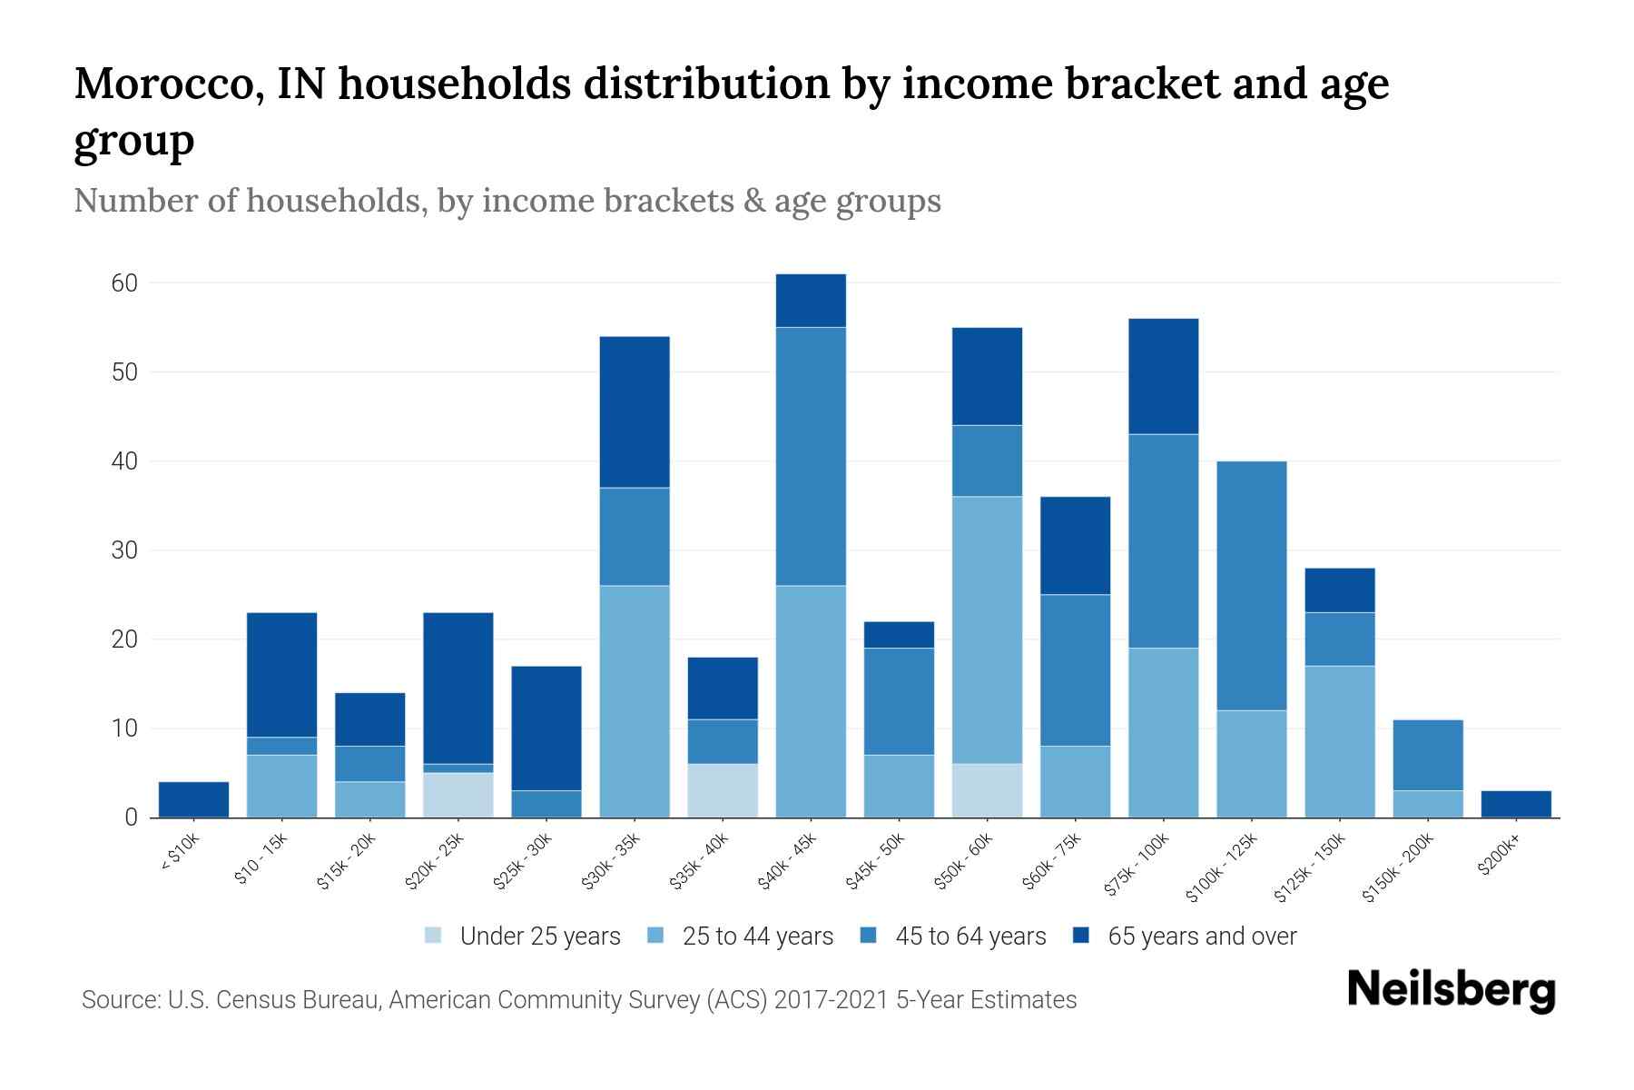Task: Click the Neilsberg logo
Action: coord(1451,989)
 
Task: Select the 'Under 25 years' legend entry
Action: coord(523,936)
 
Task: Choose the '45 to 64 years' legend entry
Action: coord(953,936)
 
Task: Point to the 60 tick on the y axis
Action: coord(125,283)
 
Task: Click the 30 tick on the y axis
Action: coord(125,550)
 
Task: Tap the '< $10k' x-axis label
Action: coord(180,853)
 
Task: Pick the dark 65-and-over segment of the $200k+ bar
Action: coord(1516,804)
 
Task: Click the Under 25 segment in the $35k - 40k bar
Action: coord(723,790)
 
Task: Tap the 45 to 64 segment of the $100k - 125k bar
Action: coord(1252,586)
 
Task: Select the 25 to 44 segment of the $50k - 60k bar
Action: coord(988,629)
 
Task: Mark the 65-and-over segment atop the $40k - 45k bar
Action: coord(811,301)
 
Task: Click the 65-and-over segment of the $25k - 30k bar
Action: coord(546,728)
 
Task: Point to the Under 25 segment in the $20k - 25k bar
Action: coord(458,795)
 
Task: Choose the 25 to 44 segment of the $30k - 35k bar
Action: coord(635,701)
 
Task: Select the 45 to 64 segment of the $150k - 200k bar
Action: coord(1428,755)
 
